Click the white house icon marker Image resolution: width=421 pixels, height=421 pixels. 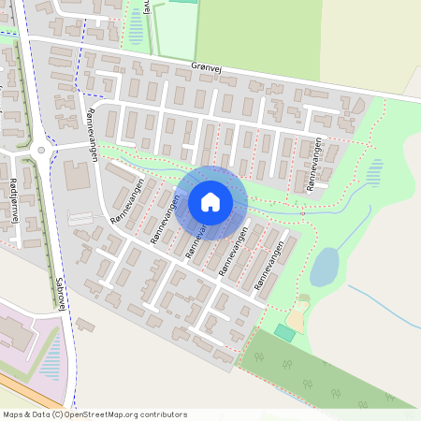tap(210, 202)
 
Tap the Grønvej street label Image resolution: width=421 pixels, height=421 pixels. tap(207, 68)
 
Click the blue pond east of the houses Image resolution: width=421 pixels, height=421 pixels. tap(324, 267)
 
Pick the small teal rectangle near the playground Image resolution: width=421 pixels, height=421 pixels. tap(284, 333)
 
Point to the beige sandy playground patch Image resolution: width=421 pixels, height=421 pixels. tap(297, 319)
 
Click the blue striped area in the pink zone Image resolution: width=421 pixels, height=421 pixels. tap(51, 356)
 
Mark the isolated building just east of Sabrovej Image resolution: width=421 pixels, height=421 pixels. tap(85, 325)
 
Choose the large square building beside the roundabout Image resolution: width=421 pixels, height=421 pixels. tap(78, 175)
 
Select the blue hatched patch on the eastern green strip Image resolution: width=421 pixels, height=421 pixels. tap(374, 171)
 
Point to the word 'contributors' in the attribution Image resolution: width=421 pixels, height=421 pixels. tap(160, 414)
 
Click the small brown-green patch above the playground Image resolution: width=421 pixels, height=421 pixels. tap(302, 300)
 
